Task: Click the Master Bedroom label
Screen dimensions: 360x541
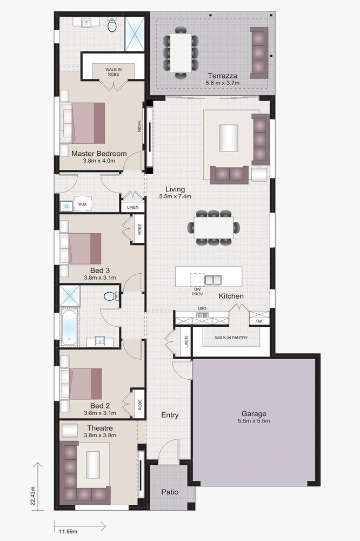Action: tap(99, 154)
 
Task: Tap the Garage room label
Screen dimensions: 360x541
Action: tap(254, 413)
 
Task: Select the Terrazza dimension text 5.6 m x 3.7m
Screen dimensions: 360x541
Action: tap(222, 83)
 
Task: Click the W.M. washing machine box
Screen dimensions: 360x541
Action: tap(82, 204)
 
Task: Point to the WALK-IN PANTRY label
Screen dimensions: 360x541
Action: tap(231, 338)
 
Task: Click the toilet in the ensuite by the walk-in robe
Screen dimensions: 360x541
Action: tap(112, 25)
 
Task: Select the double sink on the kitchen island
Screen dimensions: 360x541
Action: tap(213, 280)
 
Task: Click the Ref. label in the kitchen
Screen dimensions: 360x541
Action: tap(259, 321)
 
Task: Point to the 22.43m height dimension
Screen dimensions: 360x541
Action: tap(33, 496)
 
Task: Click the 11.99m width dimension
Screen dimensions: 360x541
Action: tap(68, 531)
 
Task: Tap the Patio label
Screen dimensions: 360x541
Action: tap(170, 492)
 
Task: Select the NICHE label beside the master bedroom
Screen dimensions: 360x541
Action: tap(139, 126)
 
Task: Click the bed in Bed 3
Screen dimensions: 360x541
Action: tap(81, 249)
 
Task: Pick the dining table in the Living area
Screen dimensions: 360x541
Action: tap(214, 228)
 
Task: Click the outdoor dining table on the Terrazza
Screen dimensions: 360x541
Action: tap(181, 53)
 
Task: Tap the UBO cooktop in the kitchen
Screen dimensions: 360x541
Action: tap(202, 315)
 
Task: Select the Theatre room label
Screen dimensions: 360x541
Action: tap(99, 428)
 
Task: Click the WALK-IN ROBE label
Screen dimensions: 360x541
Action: tap(114, 72)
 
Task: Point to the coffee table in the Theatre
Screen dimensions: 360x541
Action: tap(93, 465)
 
